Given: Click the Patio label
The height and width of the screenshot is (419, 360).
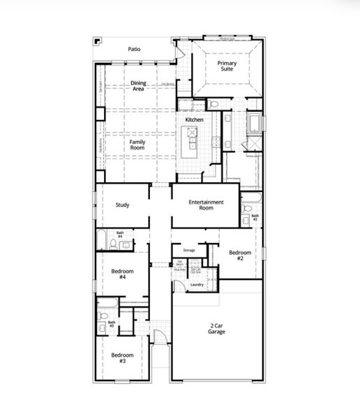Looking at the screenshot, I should click(135, 50).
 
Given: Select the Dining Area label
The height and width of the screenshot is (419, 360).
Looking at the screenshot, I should click(138, 86).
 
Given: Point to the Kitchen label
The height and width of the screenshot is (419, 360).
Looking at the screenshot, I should click(194, 120).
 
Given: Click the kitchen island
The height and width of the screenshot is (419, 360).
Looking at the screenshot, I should click(189, 145).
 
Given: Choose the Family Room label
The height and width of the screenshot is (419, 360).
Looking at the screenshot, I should click(137, 145).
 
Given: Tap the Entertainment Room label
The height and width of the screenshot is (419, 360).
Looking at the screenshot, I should click(206, 205).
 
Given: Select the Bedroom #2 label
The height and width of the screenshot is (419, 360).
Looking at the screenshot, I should click(239, 255).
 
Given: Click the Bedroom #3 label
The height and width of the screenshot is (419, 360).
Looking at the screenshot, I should click(121, 358).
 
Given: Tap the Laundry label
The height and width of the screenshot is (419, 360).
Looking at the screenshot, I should click(197, 284).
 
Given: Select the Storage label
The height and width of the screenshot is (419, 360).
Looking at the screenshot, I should click(188, 249).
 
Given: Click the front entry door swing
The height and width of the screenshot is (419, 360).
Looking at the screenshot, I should click(160, 337).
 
